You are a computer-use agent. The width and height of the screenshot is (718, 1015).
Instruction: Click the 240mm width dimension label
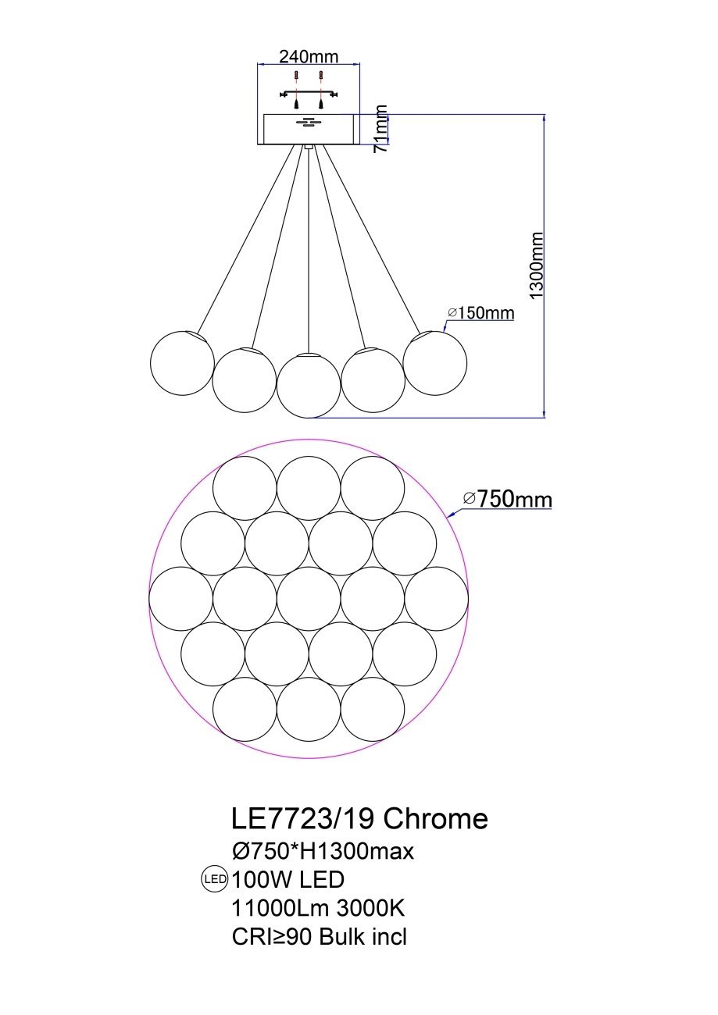(x=309, y=56)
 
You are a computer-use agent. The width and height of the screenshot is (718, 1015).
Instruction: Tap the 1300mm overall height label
(x=536, y=265)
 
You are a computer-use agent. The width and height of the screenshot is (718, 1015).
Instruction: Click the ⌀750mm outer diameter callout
(x=508, y=499)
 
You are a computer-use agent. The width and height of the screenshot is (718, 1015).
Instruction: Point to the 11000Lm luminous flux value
(x=280, y=908)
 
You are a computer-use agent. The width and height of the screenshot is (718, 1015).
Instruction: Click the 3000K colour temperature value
(x=370, y=908)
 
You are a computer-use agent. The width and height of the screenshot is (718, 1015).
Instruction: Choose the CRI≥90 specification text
(x=272, y=937)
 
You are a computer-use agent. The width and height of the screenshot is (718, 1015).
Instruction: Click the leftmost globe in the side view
(x=182, y=363)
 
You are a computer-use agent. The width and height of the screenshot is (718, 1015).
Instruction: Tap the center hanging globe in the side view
(x=309, y=385)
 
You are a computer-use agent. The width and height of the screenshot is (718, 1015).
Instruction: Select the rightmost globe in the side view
(x=435, y=363)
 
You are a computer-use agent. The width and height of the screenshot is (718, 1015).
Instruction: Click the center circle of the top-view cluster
(x=309, y=599)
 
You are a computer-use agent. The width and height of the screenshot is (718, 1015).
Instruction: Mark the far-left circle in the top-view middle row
(x=180, y=599)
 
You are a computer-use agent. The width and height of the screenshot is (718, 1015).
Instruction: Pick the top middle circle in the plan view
(x=309, y=488)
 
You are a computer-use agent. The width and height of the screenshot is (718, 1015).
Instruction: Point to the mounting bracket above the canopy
(x=309, y=94)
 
